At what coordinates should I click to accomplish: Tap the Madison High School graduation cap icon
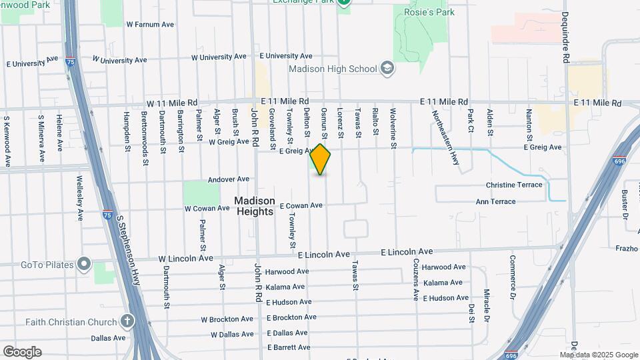tap(387, 68)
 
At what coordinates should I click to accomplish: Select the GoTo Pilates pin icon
tap(83, 265)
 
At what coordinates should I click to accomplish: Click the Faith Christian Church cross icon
tap(127, 321)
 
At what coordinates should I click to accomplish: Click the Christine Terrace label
tap(514, 185)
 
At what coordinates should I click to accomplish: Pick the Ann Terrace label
tap(495, 201)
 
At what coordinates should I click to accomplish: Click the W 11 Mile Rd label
tap(172, 103)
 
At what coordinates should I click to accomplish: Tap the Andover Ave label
tap(228, 179)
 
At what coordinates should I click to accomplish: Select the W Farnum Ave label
tap(149, 25)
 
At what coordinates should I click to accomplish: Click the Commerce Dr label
tap(513, 277)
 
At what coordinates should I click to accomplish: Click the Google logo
tap(22, 352)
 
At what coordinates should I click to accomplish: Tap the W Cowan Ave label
tap(207, 209)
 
